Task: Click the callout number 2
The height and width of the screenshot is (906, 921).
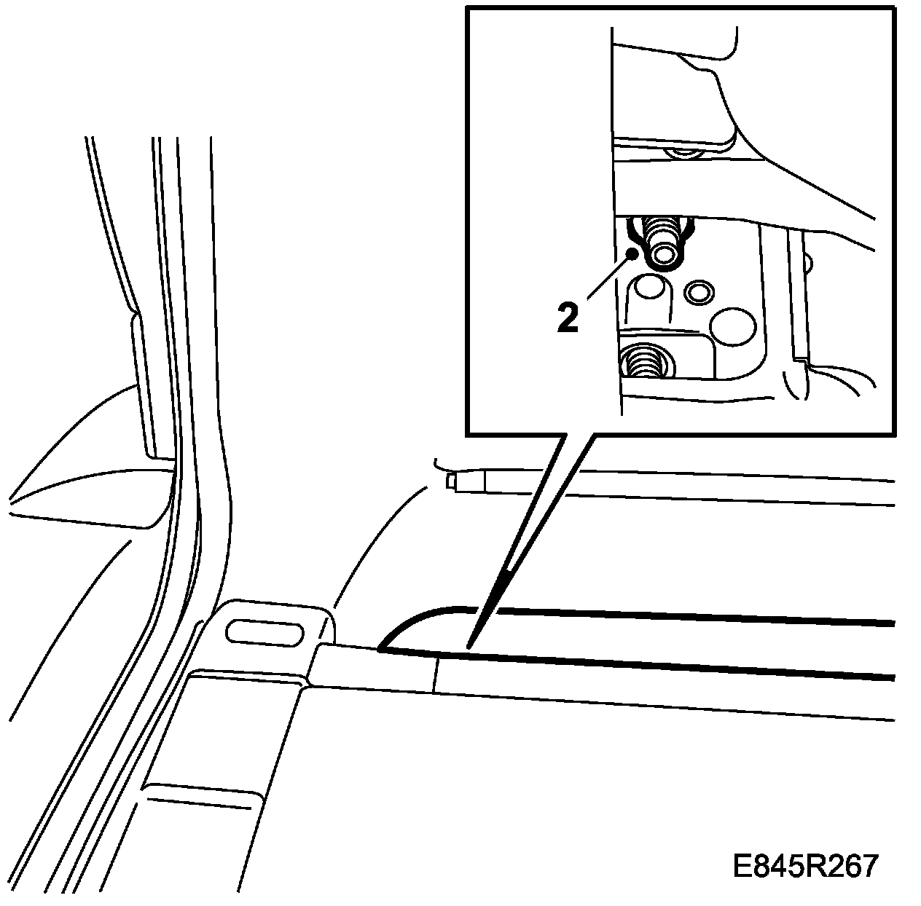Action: pos(568,318)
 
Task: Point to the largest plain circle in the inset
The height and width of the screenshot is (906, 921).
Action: pos(734,325)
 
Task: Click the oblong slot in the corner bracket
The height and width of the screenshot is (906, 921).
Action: pos(265,631)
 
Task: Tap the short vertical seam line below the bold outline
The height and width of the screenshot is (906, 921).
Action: pos(435,672)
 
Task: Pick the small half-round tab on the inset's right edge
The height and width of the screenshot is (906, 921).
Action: pos(809,263)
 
